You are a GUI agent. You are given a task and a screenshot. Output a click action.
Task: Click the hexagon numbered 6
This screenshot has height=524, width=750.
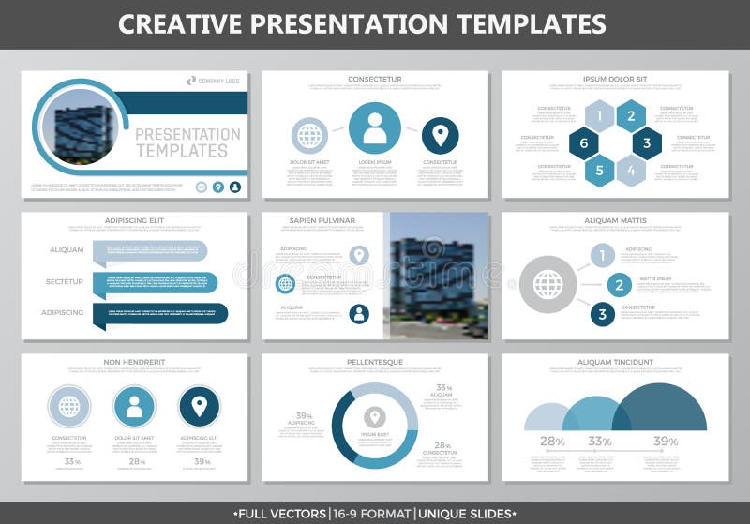tap(583, 143)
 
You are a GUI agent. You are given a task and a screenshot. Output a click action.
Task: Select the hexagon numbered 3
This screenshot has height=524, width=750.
tap(646, 143)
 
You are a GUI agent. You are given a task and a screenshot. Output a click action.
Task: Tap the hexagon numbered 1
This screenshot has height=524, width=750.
tap(599, 116)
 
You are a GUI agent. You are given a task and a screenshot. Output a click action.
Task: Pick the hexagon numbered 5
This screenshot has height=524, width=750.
tap(599, 171)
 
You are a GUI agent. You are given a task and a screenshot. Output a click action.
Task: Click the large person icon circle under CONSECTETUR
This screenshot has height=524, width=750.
tap(375, 128)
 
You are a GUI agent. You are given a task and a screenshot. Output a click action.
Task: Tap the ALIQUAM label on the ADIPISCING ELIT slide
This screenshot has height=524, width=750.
tap(67, 250)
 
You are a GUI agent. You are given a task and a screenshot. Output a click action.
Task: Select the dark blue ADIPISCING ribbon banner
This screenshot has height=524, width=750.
tap(159, 313)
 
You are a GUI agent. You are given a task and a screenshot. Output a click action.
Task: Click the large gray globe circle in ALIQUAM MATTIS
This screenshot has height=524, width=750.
tap(547, 284)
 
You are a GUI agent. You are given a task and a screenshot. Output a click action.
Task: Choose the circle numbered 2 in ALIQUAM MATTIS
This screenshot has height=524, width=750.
tap(618, 285)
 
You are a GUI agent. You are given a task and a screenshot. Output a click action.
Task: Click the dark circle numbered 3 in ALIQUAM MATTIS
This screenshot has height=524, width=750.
tap(603, 314)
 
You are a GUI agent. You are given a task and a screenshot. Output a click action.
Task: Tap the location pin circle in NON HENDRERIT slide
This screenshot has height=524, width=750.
tap(199, 407)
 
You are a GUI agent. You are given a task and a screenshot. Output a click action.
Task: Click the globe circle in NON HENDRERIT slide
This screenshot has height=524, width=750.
tap(69, 407)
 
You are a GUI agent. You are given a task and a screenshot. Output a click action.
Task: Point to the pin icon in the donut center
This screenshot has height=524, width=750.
tap(375, 417)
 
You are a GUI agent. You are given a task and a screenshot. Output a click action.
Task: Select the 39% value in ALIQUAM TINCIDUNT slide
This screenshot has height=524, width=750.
tap(666, 442)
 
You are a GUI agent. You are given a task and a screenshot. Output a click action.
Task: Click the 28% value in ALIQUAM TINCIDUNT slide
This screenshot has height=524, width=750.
tap(552, 442)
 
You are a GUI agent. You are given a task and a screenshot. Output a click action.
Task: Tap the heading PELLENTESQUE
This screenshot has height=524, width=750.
tap(375, 362)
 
